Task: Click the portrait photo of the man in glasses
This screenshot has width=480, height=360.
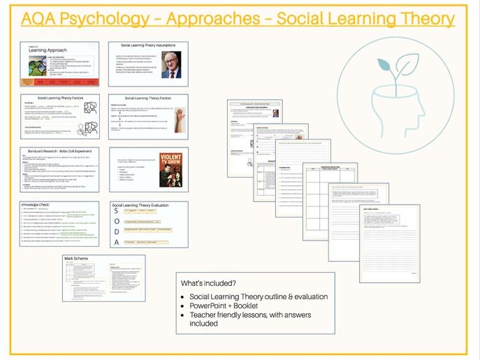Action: tap(171, 64)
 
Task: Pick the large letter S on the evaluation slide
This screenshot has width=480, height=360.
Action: tap(117, 213)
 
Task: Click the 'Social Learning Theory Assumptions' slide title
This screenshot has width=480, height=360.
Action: tap(148, 45)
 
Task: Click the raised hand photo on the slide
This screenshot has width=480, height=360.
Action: tap(180, 117)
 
